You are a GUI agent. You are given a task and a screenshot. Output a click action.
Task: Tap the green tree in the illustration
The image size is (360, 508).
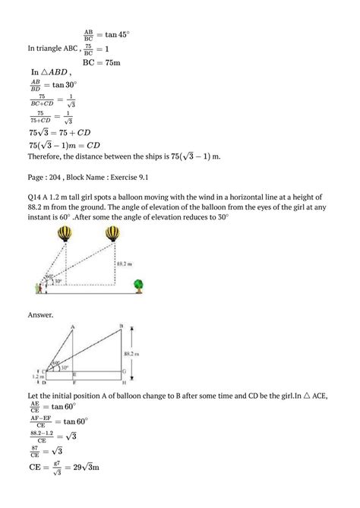pyautogui.click(x=139, y=286)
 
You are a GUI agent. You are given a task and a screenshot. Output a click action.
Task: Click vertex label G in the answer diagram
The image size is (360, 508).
pyautogui.click(x=124, y=371)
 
